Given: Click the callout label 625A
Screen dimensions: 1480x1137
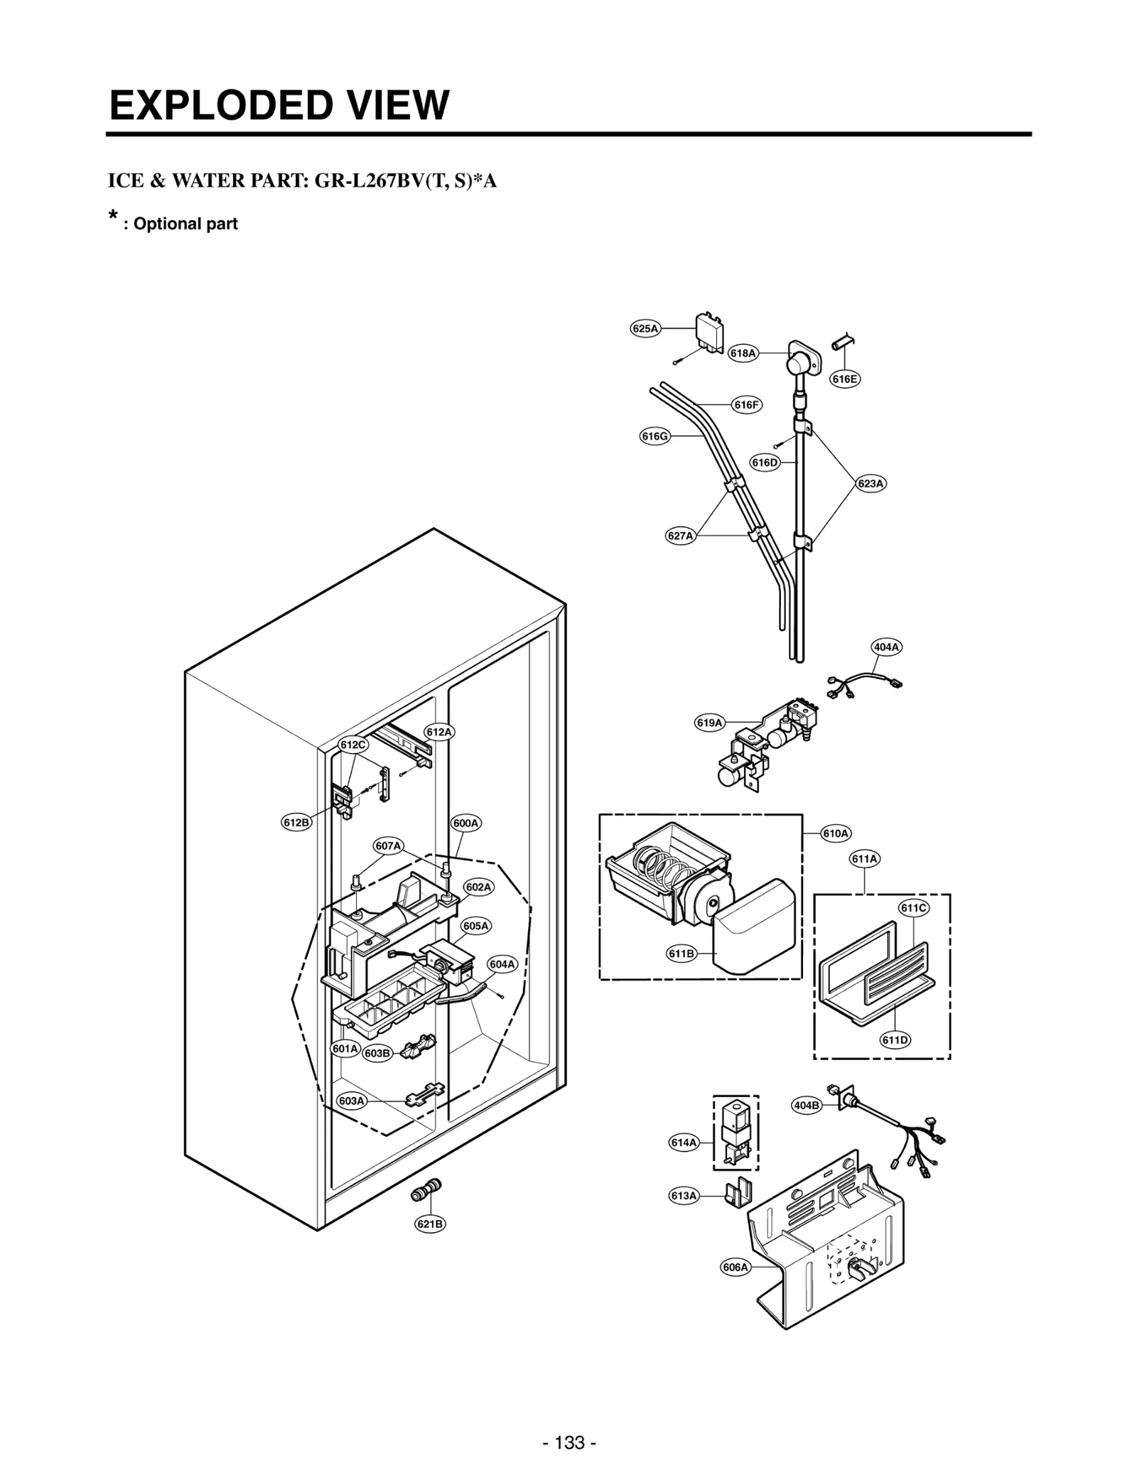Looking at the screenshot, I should (x=645, y=328).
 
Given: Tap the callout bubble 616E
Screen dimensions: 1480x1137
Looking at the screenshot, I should (x=844, y=379).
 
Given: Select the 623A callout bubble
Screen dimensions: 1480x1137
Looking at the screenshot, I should (x=871, y=483).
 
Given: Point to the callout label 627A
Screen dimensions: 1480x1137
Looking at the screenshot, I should (x=680, y=536).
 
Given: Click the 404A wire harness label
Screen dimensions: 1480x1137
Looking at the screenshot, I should (x=886, y=647).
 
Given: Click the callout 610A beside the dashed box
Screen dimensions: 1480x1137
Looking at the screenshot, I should (x=836, y=833).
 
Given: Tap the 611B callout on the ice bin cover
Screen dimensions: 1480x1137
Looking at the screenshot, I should (x=681, y=954).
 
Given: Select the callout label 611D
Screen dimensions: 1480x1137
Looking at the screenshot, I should (x=895, y=1040).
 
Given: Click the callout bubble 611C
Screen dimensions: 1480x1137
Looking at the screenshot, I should (x=913, y=907).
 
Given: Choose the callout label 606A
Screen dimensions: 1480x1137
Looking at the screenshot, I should (x=735, y=1267).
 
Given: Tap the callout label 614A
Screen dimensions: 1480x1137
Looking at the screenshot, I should (x=684, y=1143).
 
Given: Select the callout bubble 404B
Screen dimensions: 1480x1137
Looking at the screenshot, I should (x=806, y=1106).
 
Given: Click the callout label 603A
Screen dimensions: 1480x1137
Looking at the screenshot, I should (x=351, y=1101).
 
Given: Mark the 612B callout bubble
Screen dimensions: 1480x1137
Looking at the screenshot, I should (x=296, y=823).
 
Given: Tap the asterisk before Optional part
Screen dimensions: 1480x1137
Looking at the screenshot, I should (x=112, y=215).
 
